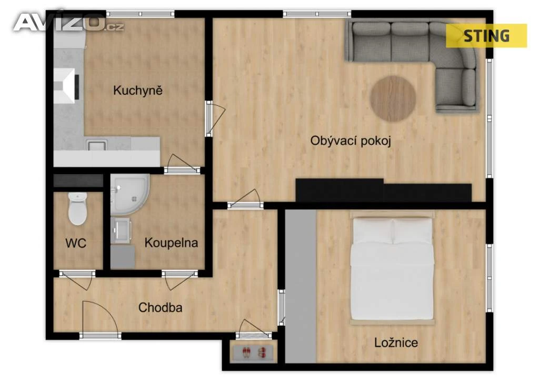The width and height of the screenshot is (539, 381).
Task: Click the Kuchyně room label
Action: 137,91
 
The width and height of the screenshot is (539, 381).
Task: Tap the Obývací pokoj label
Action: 351,141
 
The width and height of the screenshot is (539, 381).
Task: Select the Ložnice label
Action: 396,343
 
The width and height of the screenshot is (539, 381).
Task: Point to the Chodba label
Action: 160,307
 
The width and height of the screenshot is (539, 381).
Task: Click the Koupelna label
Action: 171,243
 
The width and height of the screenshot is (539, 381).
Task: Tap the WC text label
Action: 76,243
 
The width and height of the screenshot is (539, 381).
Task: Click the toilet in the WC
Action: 77,208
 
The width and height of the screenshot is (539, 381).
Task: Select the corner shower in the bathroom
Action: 129,194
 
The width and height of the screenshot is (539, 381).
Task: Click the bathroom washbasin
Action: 121,230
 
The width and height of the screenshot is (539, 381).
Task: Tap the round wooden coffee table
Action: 393,98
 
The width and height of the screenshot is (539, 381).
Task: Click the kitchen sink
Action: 97,145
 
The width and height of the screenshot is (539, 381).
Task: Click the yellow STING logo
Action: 486,36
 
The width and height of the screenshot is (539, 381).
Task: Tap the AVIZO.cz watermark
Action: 69,23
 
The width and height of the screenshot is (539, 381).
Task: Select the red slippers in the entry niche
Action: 254,352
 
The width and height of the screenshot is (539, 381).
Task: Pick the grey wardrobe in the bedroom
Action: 301,286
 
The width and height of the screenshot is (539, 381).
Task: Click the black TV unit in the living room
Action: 384,190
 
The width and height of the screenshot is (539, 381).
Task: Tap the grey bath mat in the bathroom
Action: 123,256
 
